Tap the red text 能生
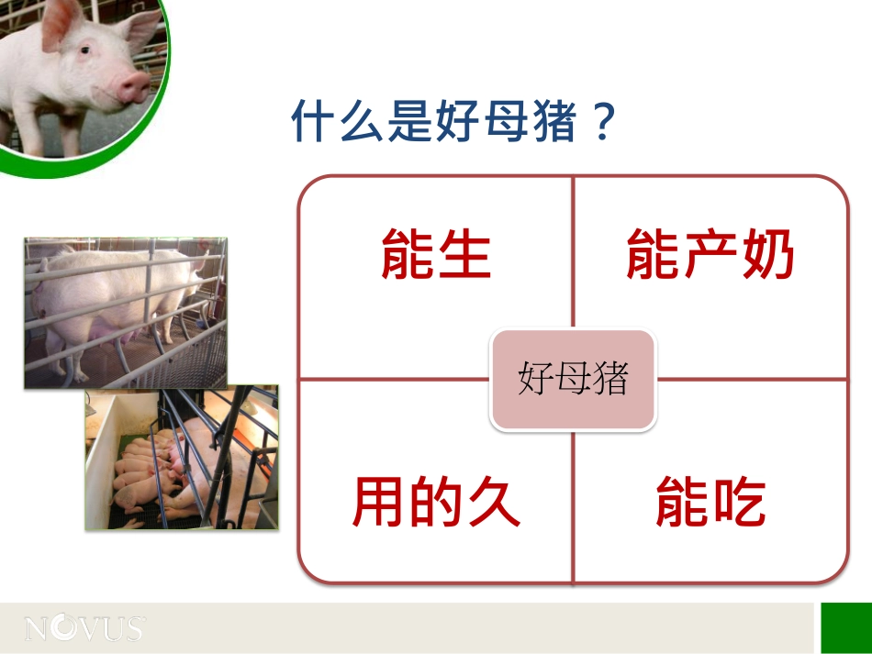coord(436,255)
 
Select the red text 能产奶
coord(710,255)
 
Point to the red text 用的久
coord(436,502)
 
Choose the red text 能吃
coord(710,502)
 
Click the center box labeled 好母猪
coord(573,379)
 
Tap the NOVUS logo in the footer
coord(84,628)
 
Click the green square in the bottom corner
coord(845,627)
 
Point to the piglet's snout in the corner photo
coord(133,86)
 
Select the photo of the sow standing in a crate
coord(125,312)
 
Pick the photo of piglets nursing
coord(182,459)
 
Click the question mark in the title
coord(602,122)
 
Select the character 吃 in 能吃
coord(738,502)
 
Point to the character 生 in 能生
coord(464,255)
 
